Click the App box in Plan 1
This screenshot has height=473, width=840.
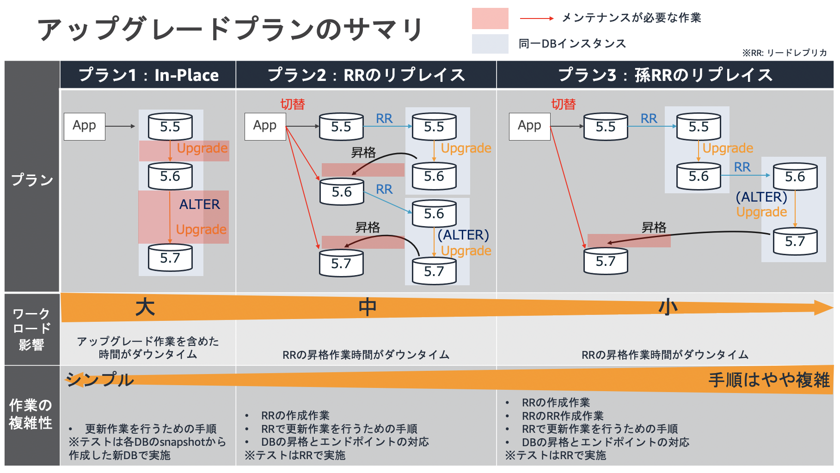click(84, 126)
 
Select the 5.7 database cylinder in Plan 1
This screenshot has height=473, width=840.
click(170, 258)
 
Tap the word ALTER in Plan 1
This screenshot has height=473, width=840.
click(199, 204)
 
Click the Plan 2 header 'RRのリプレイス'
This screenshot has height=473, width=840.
click(366, 75)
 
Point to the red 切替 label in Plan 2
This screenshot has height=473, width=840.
click(292, 104)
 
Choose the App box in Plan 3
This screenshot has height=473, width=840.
click(529, 126)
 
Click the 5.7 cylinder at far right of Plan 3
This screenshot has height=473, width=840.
click(795, 241)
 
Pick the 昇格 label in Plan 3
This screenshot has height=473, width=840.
click(654, 227)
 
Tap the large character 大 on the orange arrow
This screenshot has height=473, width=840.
click(145, 307)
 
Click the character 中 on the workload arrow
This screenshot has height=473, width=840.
click(368, 307)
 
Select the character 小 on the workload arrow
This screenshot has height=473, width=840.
click(668, 307)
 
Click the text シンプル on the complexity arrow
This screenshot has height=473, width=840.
click(100, 380)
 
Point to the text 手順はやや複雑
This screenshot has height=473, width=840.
click(769, 380)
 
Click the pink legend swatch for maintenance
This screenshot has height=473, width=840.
click(490, 18)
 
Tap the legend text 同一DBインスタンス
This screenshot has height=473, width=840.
click(572, 44)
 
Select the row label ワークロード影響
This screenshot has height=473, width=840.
click(31, 329)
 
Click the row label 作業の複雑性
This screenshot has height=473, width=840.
click(31, 414)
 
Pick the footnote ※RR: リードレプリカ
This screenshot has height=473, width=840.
click(785, 53)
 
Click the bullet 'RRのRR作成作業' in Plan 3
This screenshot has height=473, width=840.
click(562, 416)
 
